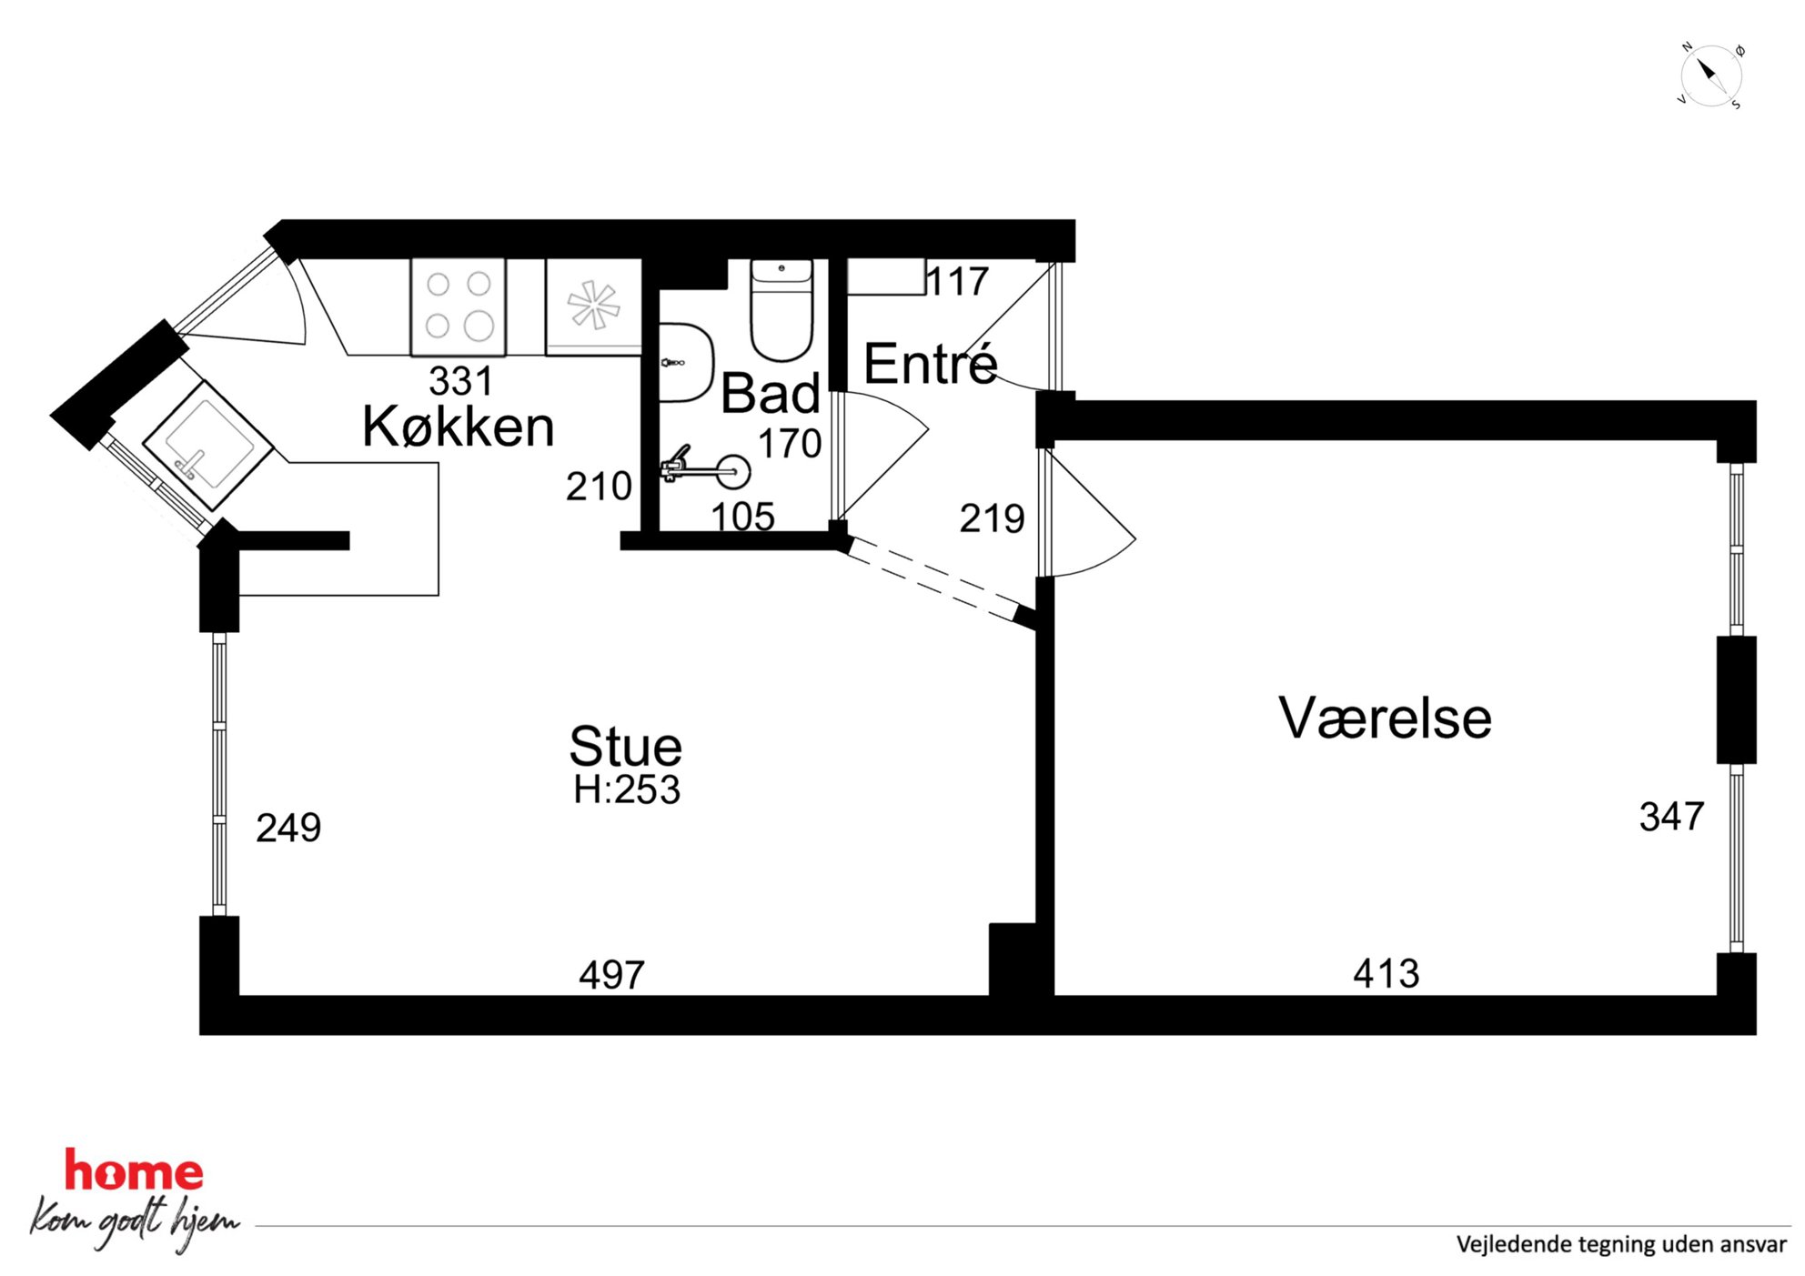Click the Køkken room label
click(459, 427)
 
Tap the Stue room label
click(626, 747)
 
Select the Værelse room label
click(1385, 718)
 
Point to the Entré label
click(930, 364)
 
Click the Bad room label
click(771, 394)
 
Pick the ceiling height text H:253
click(627, 789)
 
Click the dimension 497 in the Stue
click(611, 975)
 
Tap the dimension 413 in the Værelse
click(1386, 974)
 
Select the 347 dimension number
click(1671, 817)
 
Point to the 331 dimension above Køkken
click(460, 381)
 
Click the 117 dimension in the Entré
click(957, 281)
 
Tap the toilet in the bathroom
click(781, 309)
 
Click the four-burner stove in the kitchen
click(458, 306)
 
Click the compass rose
click(1709, 75)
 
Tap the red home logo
click(134, 1171)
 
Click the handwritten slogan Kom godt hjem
click(135, 1221)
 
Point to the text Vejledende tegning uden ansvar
click(1621, 1244)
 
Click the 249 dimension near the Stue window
click(288, 828)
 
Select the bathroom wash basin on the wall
click(684, 362)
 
